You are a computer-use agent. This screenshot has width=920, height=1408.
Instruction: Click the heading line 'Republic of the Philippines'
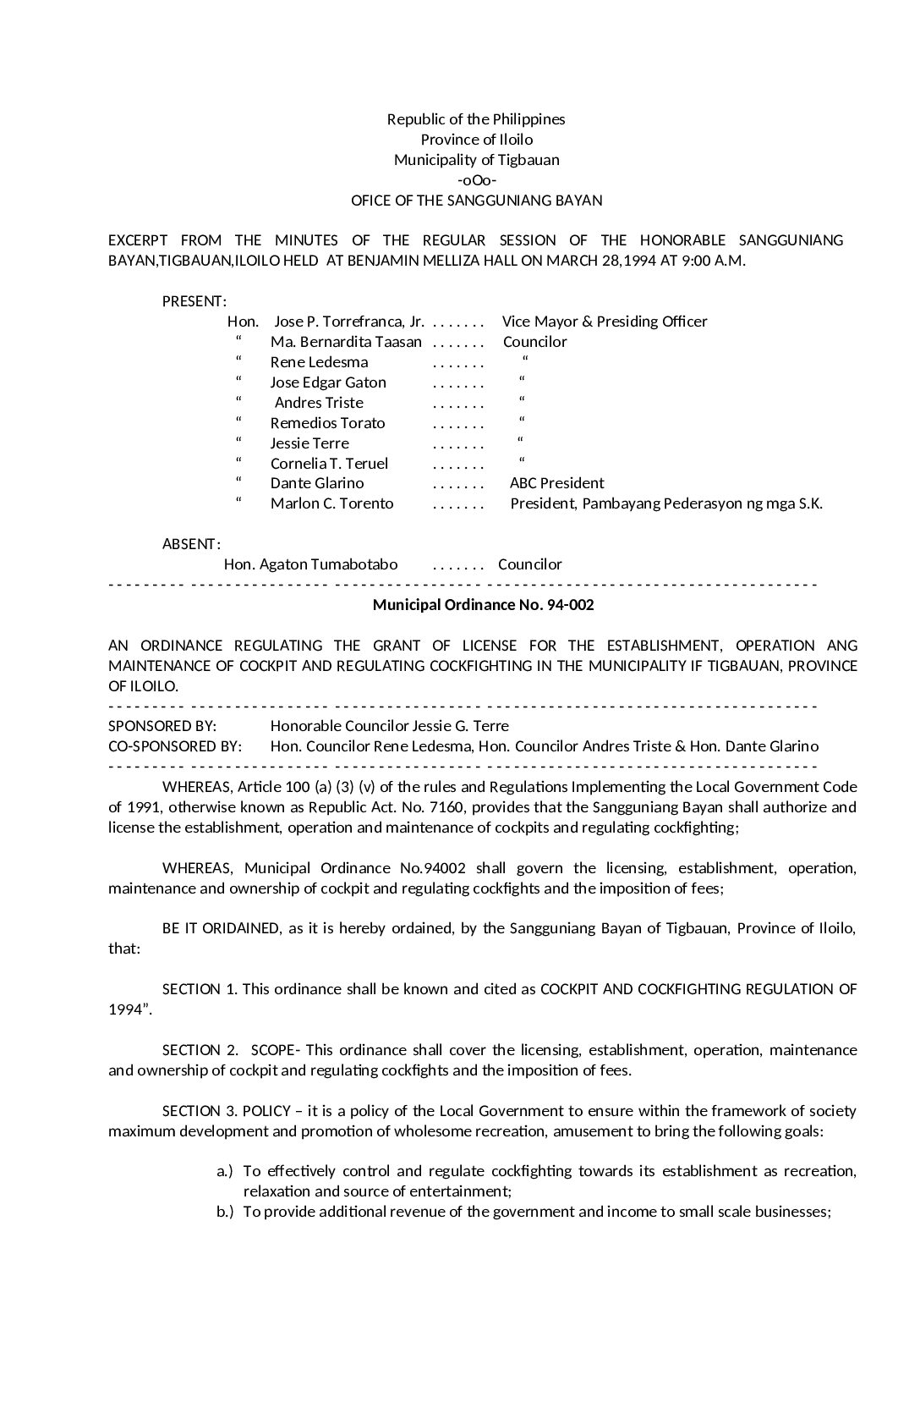[x=476, y=119]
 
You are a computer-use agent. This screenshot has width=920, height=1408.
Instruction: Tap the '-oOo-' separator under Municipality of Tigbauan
[x=476, y=180]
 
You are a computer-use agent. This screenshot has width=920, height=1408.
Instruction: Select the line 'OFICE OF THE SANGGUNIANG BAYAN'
[x=476, y=201]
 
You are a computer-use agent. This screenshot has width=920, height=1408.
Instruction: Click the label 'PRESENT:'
[x=194, y=301]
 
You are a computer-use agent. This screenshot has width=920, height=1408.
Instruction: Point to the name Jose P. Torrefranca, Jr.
[x=348, y=322]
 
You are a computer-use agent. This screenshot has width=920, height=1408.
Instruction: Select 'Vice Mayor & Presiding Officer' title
[x=605, y=322]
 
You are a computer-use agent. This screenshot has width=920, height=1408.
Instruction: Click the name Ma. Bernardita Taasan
[x=346, y=342]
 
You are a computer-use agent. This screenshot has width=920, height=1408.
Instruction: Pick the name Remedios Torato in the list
[x=327, y=423]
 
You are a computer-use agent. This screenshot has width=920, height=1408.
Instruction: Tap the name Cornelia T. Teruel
[x=329, y=464]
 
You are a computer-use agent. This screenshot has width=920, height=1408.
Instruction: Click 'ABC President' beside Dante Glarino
[x=556, y=483]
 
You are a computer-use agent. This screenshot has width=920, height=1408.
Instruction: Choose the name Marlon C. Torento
[x=331, y=503]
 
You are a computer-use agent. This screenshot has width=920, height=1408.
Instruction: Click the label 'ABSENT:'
[x=191, y=544]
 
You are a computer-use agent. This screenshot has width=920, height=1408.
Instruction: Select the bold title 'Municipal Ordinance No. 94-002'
[x=483, y=605]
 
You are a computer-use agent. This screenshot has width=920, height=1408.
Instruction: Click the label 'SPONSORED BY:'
[x=162, y=726]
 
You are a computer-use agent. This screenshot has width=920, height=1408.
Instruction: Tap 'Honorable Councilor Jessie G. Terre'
[x=389, y=726]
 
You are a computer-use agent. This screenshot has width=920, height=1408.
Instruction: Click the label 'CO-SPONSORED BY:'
[x=175, y=746]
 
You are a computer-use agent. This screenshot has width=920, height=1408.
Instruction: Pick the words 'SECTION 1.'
[x=200, y=989]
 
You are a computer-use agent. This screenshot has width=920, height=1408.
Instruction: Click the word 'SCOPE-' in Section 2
[x=275, y=1050]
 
